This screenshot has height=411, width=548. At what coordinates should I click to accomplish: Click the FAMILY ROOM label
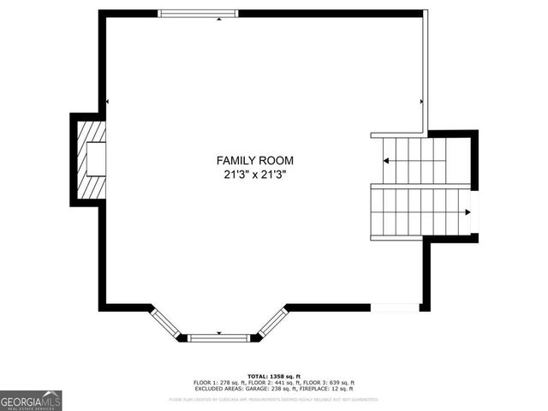[x=254, y=160]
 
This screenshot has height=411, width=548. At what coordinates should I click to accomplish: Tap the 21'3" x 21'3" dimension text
[x=254, y=174]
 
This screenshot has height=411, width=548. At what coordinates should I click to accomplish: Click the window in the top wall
[x=199, y=14]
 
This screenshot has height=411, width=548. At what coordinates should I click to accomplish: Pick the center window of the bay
[x=218, y=337]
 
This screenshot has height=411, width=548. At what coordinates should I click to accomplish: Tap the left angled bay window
[x=165, y=322]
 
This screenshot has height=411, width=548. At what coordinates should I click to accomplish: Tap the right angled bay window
[x=272, y=322]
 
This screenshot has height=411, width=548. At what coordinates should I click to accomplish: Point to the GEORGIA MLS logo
[x=31, y=400]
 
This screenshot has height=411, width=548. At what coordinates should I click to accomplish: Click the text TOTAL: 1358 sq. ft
[x=274, y=376]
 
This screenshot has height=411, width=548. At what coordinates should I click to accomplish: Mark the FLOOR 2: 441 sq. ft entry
[x=273, y=383]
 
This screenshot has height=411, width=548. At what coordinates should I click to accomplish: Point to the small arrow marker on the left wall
[x=107, y=102]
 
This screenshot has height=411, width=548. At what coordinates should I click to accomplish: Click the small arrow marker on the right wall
[x=421, y=102]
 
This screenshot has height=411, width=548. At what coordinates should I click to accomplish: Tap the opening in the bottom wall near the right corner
[x=395, y=307]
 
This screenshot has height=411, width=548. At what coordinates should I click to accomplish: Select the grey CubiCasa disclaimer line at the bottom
[x=274, y=399]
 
